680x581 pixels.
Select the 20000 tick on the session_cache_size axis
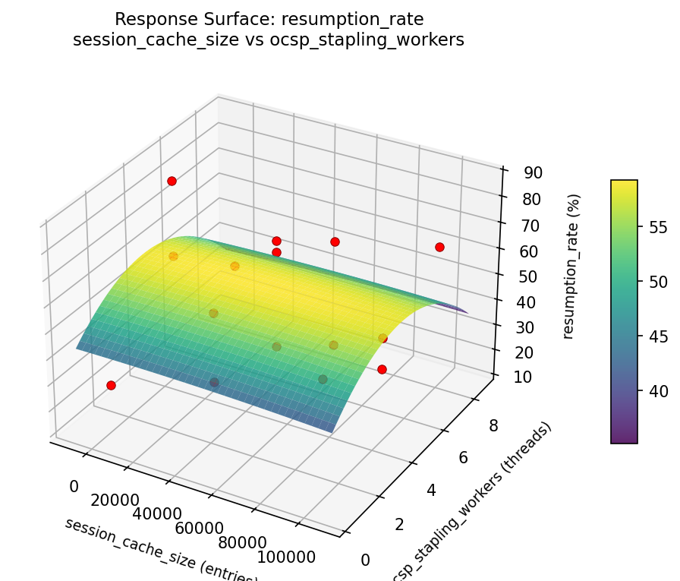point(115,500)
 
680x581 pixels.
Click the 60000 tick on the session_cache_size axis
point(198,529)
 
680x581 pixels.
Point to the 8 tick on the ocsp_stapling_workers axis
point(493,426)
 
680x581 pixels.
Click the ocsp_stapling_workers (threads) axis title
point(471,503)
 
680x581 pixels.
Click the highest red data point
point(172,181)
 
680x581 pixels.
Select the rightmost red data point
point(439,247)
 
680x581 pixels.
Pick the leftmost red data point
point(111,385)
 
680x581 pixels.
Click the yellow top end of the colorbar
point(624,183)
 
